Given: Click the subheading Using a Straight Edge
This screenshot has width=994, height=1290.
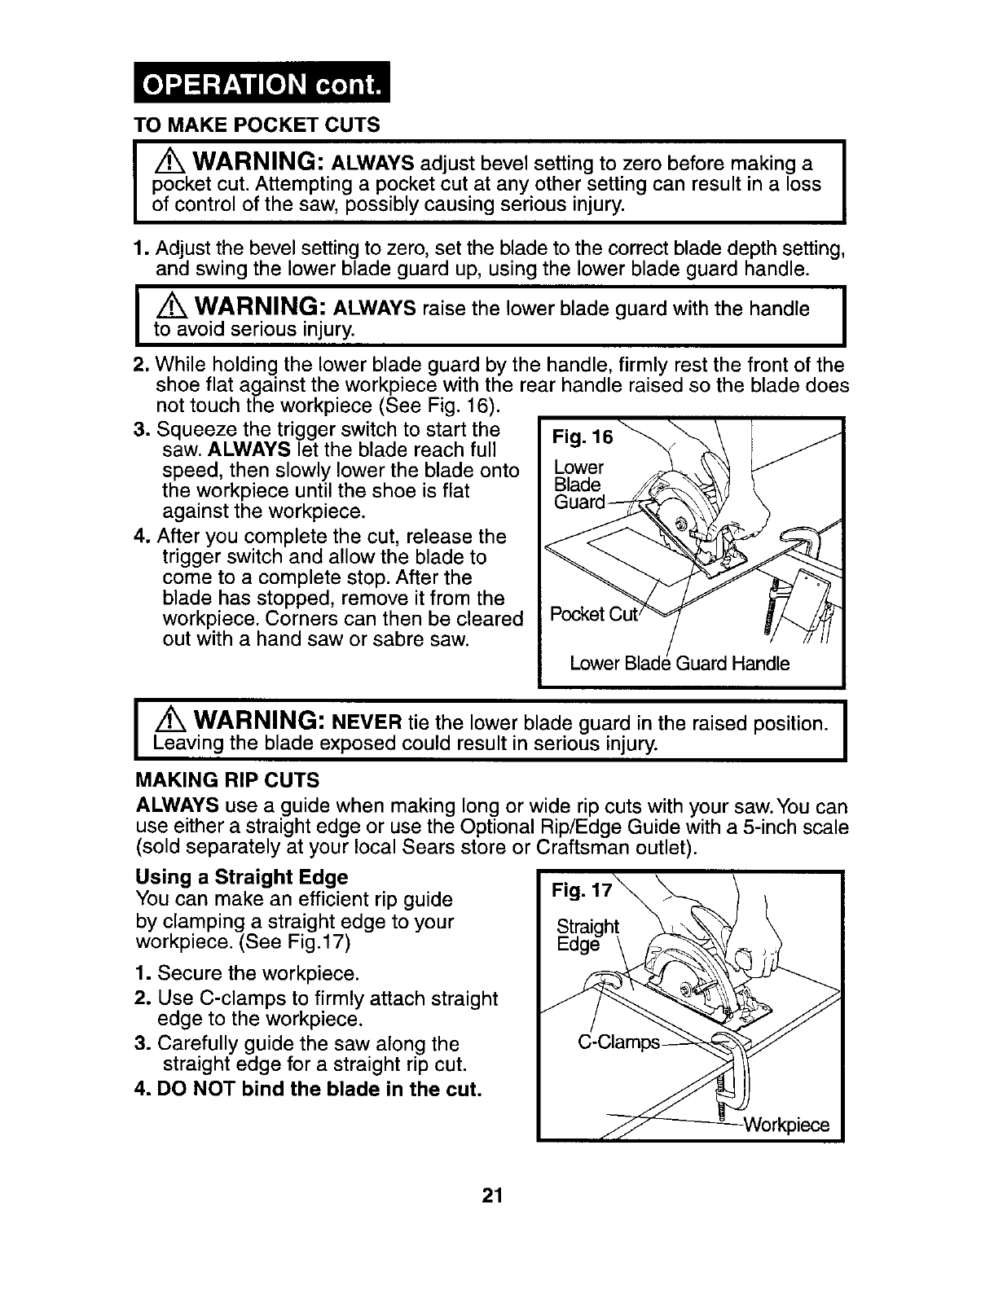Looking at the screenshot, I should click(242, 877).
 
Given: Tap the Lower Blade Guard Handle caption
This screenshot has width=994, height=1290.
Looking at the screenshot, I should click(680, 663).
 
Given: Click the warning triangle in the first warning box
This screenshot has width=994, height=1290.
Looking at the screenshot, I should click(168, 159).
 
